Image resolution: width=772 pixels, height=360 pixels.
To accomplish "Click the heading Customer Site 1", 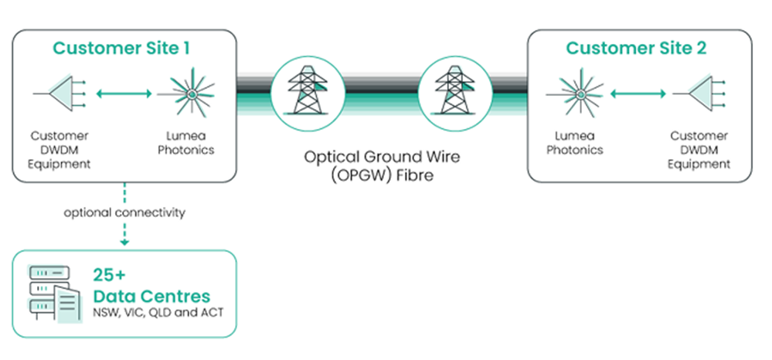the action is coord(121,48).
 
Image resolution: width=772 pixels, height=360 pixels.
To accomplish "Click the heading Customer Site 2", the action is coord(636,48).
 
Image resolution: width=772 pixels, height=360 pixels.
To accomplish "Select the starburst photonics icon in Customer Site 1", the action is coord(191,93).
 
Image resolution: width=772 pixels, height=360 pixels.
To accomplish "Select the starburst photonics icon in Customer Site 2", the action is coord(580,93).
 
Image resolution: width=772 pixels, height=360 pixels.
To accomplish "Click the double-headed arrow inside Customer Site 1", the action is coord(124,93).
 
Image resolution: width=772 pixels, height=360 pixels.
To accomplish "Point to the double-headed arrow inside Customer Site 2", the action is coord(638,93).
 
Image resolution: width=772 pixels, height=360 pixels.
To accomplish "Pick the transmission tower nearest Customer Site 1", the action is coord(308,92).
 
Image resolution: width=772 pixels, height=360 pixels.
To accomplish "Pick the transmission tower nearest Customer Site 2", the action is coord(454,92).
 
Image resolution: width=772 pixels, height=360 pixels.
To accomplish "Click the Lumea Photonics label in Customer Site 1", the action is coord(186,143).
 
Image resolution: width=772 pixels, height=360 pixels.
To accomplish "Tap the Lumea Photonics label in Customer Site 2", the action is coord(575,143).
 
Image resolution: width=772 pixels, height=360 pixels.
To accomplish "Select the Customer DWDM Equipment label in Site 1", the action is coord(59,150).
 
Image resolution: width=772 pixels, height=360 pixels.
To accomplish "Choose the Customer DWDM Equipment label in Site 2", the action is coord(699,150).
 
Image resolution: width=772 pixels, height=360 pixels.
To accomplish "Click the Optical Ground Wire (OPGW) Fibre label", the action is coord(382,166).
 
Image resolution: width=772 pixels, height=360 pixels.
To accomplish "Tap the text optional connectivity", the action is coord(124,212).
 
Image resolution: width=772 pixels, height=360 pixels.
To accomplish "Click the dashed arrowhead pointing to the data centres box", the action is coord(124,243).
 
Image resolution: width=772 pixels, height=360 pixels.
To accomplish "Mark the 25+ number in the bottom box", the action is coord(109,274).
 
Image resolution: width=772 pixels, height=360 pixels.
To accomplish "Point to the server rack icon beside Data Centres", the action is coord(55,294).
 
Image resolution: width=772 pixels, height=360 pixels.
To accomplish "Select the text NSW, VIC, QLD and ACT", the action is coord(158,313).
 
